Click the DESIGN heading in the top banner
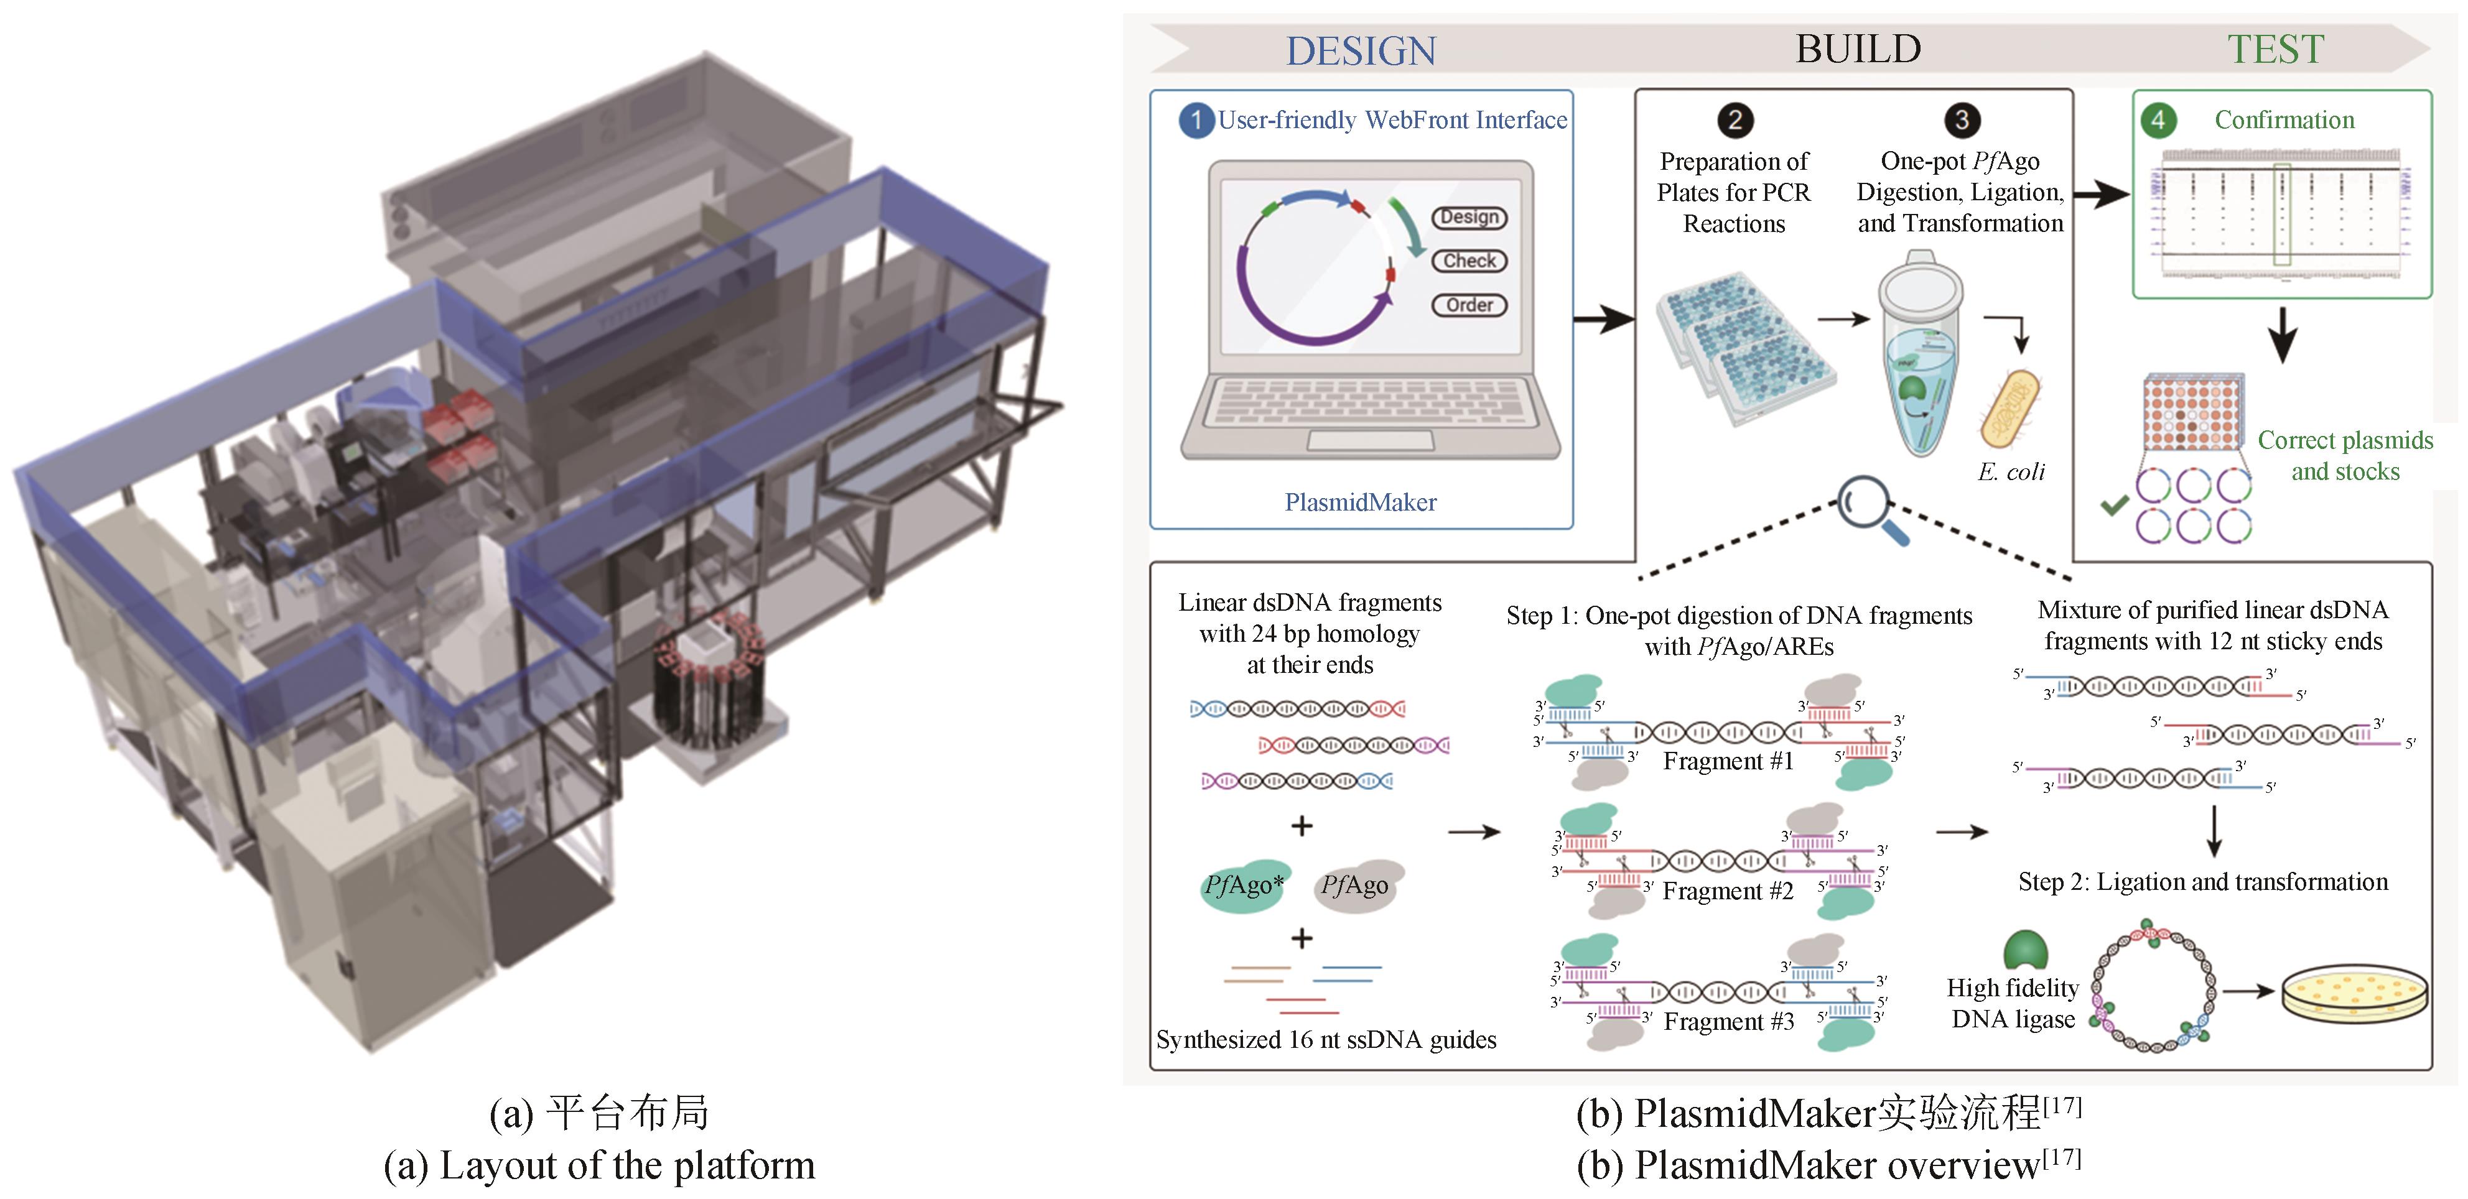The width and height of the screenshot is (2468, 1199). click(1361, 51)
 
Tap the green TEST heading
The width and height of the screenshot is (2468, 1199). click(2275, 49)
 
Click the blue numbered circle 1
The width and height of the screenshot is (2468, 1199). click(1196, 121)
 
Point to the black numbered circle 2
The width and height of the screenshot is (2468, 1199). click(1735, 121)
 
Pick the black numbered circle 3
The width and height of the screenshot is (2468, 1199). click(1961, 121)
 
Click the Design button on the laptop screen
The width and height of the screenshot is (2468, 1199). click(1469, 218)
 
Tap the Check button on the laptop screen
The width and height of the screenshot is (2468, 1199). click(1469, 261)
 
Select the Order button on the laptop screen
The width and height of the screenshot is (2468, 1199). click(1469, 305)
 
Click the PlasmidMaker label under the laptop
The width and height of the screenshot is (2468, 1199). click(1361, 502)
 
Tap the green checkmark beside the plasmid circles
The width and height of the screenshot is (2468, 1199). click(2113, 505)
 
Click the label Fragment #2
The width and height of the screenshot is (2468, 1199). click(1728, 891)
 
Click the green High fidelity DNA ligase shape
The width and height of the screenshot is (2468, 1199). click(2024, 950)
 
